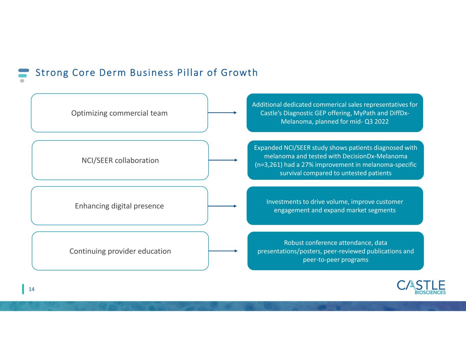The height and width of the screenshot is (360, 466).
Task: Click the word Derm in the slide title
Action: [x=113, y=73]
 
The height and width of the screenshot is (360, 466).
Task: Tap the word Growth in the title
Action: [x=239, y=73]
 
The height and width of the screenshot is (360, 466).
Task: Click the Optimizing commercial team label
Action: [x=119, y=113]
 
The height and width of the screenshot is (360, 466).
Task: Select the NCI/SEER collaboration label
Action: [x=120, y=160]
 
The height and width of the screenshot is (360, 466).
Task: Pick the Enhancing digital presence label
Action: [x=119, y=206]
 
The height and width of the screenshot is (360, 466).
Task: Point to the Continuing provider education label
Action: [x=120, y=251]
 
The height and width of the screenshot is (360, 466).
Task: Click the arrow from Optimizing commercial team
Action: [x=222, y=113]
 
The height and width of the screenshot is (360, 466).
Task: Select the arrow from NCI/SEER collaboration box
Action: [x=223, y=160]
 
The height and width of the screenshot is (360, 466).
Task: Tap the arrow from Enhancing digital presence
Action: [x=222, y=206]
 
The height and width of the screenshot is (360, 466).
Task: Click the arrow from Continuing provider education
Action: [x=223, y=251]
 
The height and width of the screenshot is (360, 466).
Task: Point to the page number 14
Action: [x=31, y=289]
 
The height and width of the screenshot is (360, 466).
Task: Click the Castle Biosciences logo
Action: [x=421, y=287]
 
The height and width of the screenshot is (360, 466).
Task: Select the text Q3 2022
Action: [x=377, y=121]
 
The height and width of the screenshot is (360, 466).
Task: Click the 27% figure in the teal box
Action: [x=307, y=164]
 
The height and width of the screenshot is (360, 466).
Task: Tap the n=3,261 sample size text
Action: [x=268, y=165]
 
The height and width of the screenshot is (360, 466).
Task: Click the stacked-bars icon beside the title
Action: [x=24, y=75]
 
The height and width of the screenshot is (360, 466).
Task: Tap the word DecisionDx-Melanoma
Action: [x=375, y=156]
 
